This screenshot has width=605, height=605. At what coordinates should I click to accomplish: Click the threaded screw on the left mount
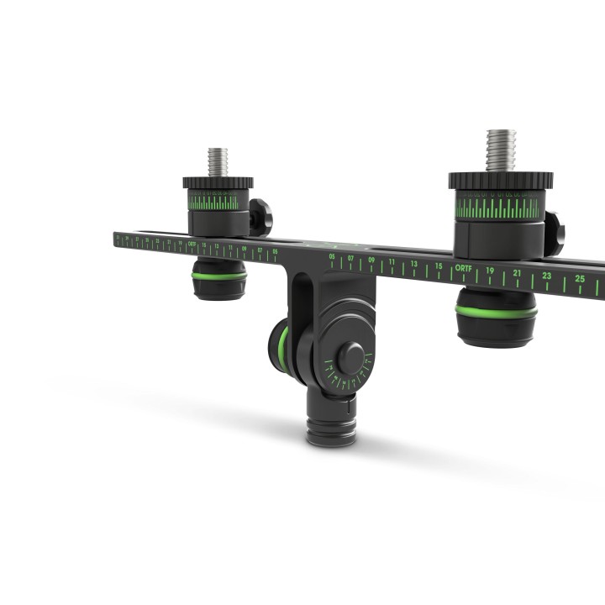tap(218, 161)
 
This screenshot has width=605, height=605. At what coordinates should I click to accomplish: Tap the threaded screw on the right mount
tap(501, 150)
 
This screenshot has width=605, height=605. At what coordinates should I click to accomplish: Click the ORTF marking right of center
tap(463, 269)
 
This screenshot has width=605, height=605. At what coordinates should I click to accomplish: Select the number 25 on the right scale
tap(580, 278)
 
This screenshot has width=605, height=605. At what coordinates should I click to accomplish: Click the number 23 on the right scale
tap(547, 276)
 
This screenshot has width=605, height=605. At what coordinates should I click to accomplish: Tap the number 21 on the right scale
tap(518, 273)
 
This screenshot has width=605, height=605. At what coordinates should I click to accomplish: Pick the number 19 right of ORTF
tap(490, 271)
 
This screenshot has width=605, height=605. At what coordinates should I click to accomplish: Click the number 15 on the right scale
tap(438, 266)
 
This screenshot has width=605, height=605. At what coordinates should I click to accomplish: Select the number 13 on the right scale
tap(413, 264)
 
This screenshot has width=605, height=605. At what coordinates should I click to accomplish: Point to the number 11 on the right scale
tap(391, 262)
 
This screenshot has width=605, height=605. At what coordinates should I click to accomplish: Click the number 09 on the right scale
tap(371, 260)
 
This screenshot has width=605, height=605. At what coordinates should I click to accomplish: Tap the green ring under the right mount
tap(496, 312)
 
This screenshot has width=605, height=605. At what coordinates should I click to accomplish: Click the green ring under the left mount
tap(218, 275)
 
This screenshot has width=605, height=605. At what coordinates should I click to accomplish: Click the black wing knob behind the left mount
tap(260, 216)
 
